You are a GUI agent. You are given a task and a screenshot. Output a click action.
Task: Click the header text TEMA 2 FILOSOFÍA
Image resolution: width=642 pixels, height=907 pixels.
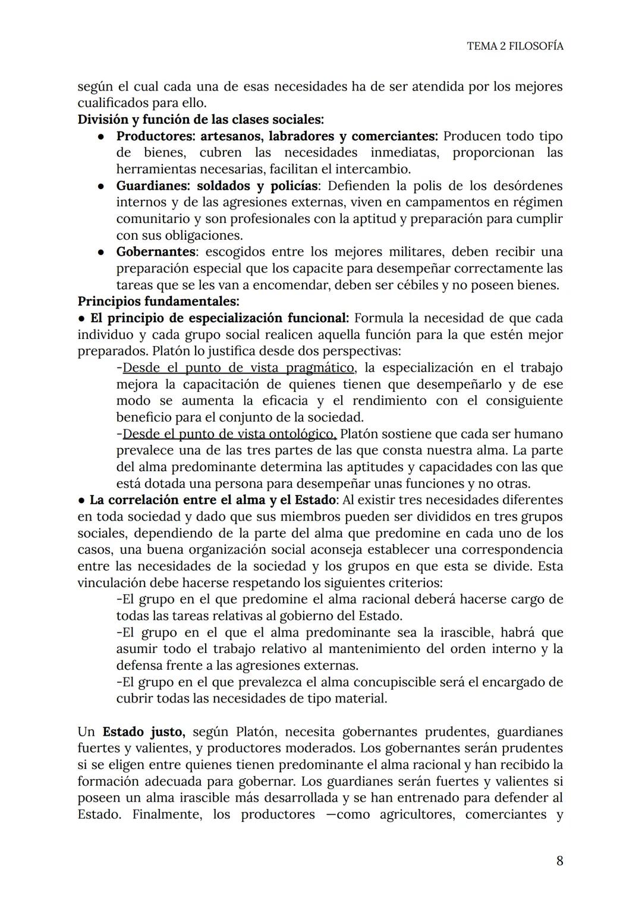(515, 46)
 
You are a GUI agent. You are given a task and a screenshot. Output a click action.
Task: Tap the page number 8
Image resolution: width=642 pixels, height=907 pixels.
(559, 861)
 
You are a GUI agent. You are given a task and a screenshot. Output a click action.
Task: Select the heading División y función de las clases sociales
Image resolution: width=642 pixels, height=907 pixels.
(201, 120)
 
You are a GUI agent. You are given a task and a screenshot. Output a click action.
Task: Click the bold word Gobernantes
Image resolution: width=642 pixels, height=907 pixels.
(156, 252)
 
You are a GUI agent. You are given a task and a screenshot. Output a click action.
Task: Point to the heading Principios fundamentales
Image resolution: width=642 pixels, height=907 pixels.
(158, 302)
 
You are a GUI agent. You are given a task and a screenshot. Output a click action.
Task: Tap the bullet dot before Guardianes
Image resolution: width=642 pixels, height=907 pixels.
(102, 186)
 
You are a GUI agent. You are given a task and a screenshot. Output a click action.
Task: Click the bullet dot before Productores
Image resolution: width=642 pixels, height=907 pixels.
(102, 136)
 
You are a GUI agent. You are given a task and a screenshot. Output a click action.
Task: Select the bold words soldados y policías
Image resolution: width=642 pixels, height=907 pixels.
(258, 186)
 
